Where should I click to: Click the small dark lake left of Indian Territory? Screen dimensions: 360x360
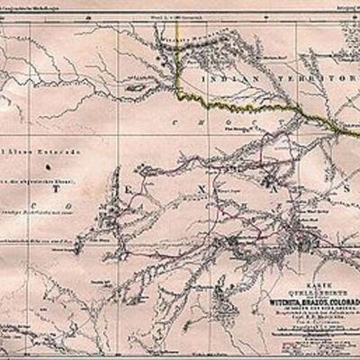tap(135, 88)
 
